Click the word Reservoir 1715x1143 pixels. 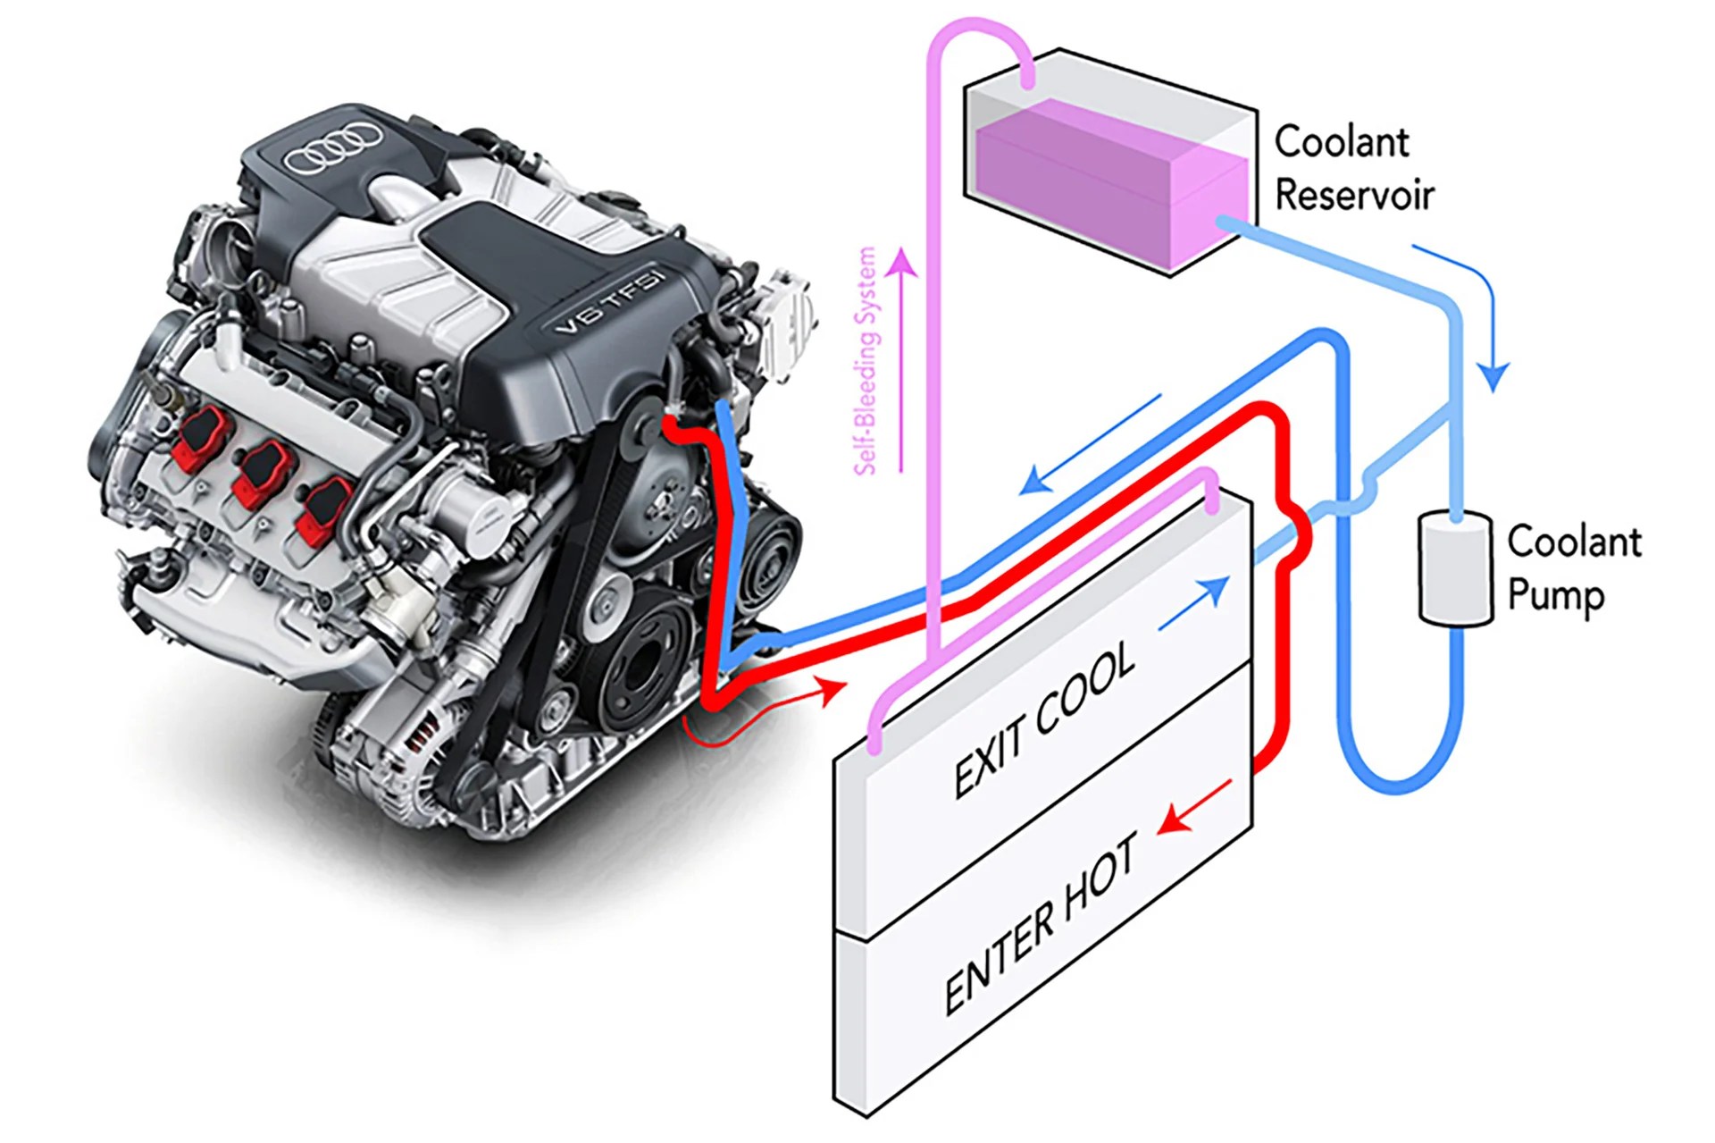(1353, 196)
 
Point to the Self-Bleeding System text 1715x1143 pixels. (866, 361)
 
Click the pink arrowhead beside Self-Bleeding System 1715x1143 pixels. (902, 261)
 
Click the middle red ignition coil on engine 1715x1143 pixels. (262, 473)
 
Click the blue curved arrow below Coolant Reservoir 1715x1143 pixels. (1474, 313)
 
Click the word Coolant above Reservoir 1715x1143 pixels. (1341, 141)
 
